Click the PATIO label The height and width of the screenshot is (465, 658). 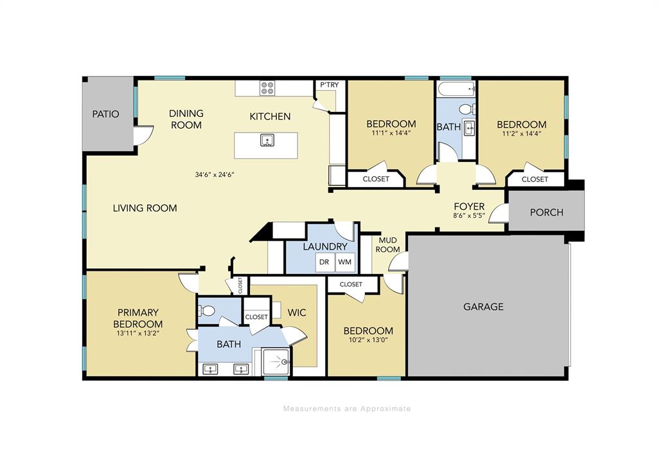tap(106, 114)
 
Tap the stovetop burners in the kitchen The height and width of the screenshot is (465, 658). tap(268, 88)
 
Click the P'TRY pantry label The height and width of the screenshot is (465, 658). tap(330, 85)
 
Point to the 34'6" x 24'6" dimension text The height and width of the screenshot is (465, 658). tap(215, 174)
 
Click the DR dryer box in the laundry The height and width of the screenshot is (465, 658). tap(325, 262)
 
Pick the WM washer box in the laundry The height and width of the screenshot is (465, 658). tap(345, 262)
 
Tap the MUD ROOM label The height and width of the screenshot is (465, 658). tap(387, 245)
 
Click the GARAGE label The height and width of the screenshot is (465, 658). tap(483, 307)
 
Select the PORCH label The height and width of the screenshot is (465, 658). tap(546, 212)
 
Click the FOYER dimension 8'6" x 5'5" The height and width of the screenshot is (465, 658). tap(469, 216)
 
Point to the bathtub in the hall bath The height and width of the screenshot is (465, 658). tap(456, 89)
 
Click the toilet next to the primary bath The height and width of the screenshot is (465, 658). tap(207, 311)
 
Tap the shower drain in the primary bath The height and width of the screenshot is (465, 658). tap(285, 361)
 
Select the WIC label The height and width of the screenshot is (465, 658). tap(297, 313)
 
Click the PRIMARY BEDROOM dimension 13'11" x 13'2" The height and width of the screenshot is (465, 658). tap(138, 334)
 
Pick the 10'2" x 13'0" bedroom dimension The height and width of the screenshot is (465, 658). tap(368, 340)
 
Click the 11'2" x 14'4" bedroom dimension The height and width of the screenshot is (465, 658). tap(522, 134)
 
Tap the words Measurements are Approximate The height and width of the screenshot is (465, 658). tap(347, 408)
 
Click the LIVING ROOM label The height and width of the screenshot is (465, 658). tap(145, 208)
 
